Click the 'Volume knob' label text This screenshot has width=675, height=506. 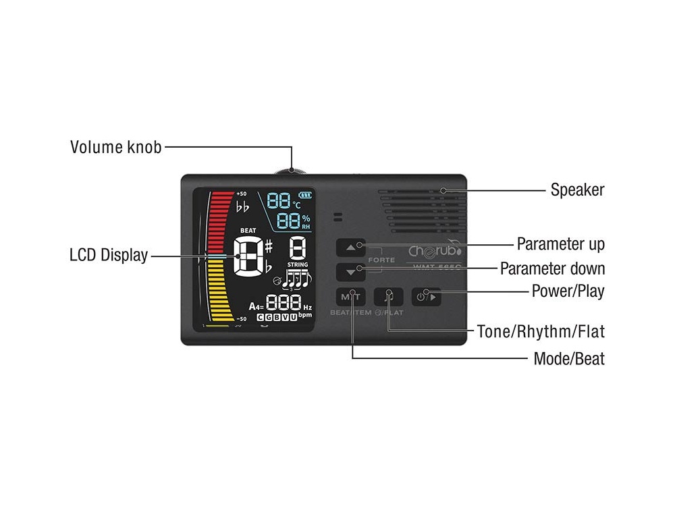click(x=116, y=147)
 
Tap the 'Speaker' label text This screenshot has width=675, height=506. click(x=577, y=190)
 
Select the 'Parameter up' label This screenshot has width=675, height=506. click(x=560, y=244)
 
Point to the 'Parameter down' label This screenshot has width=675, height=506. click(x=552, y=269)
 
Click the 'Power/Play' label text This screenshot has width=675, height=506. click(x=568, y=293)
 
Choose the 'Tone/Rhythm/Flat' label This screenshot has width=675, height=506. click(x=541, y=332)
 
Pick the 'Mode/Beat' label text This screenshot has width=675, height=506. click(x=569, y=358)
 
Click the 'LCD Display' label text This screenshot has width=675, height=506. click(x=108, y=255)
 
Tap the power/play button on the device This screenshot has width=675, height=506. click(x=426, y=296)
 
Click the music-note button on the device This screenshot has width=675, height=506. click(x=388, y=296)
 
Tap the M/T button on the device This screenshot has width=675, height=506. click(x=350, y=296)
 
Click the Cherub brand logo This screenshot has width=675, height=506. click(x=435, y=250)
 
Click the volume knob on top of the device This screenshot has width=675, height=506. click(x=292, y=171)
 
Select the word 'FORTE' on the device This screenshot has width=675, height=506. click(x=381, y=260)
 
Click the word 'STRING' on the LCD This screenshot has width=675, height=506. click(x=297, y=264)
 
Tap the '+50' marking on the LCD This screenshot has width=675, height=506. click(x=242, y=194)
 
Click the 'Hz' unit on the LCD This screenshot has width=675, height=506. click(x=308, y=307)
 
